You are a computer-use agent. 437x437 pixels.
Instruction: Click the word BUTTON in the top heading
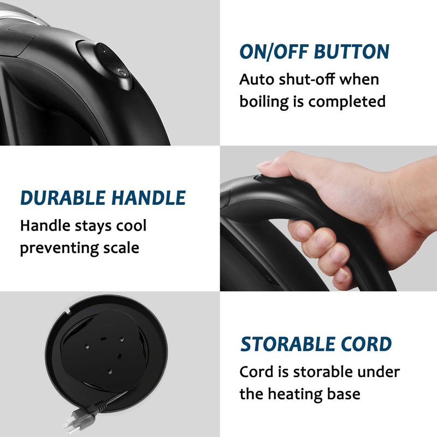point(351,52)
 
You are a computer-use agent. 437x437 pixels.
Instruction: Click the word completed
point(347,102)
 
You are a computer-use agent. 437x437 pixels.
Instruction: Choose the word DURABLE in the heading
point(63,198)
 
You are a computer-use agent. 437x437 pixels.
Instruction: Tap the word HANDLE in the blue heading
point(149,198)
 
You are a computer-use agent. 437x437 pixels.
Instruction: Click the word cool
point(131,226)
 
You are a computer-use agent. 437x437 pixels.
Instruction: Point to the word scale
point(121,248)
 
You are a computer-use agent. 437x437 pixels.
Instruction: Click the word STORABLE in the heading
point(288,344)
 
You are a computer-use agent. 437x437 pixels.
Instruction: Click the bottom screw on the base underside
point(110,371)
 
